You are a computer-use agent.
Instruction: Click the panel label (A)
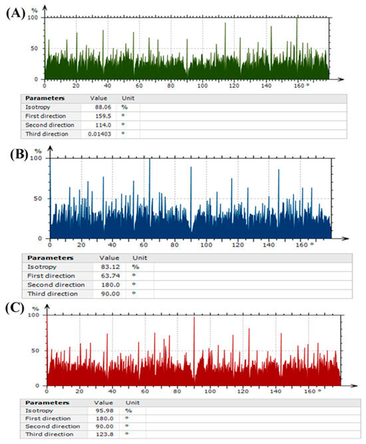[15, 11]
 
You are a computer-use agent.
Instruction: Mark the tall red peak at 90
[194, 318]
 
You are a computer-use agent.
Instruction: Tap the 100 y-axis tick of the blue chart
[39, 158]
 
